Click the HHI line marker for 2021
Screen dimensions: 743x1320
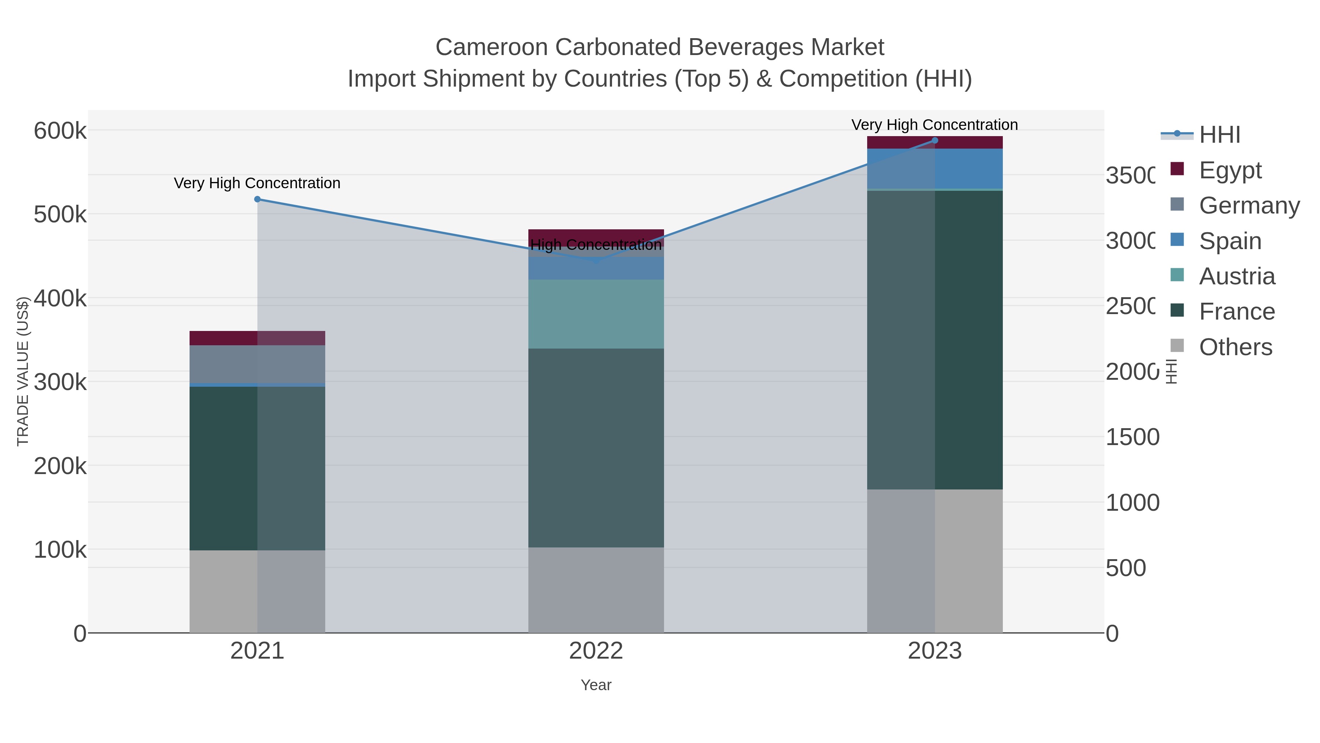257,200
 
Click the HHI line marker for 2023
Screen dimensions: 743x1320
935,141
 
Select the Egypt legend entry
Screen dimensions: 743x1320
1230,170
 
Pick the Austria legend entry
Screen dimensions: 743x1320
1236,276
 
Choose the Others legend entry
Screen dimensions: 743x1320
1235,347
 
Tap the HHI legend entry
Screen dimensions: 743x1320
1220,135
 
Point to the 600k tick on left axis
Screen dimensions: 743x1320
60,131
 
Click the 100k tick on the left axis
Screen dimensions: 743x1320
60,550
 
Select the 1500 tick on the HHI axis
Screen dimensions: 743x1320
1132,437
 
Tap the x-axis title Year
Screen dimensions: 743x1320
596,685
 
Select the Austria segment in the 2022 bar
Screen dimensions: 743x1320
596,314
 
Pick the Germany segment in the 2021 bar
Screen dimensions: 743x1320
257,364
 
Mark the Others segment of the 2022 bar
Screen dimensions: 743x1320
596,590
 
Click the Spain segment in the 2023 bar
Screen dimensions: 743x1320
935,169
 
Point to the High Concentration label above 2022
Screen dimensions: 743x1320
596,245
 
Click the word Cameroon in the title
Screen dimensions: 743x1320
492,47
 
